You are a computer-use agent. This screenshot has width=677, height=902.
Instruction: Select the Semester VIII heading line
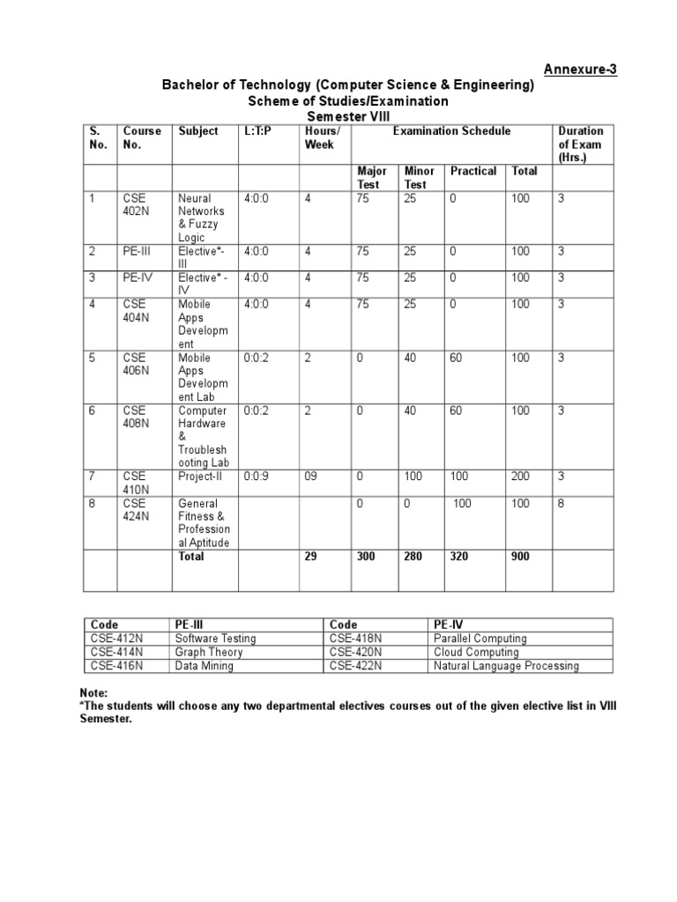coord(346,116)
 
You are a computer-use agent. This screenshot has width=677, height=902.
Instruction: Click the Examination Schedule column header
coord(450,131)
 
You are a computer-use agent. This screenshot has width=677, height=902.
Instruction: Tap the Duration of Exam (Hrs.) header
coord(580,144)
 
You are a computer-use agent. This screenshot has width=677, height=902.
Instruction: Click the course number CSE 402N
coord(136,205)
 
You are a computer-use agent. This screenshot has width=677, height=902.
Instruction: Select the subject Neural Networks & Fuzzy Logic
coord(201,218)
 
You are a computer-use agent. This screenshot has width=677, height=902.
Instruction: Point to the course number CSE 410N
coord(136,483)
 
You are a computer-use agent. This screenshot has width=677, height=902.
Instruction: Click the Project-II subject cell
coord(201,477)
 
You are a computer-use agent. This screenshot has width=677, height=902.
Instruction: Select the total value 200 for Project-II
coord(521,477)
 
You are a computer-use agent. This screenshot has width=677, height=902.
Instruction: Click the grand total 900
coord(521,557)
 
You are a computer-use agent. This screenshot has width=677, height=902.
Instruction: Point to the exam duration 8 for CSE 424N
coord(561,503)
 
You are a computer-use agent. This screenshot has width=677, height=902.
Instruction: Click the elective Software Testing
coord(215,638)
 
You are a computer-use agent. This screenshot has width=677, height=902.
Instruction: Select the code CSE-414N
coord(117,652)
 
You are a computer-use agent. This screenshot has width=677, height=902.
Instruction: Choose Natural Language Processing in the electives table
coord(506,666)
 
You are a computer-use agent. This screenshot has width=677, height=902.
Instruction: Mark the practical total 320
coord(459,557)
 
